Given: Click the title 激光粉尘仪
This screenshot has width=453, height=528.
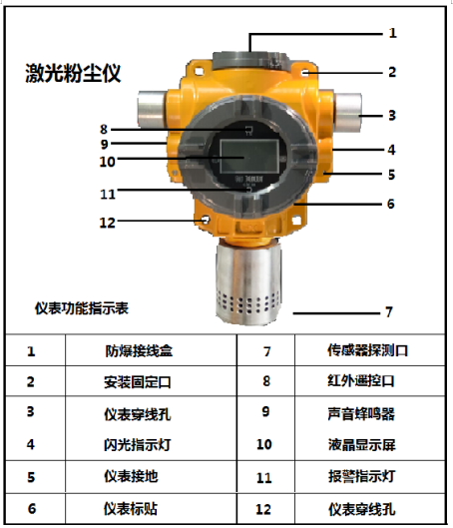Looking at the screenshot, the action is pyautogui.click(x=73, y=73).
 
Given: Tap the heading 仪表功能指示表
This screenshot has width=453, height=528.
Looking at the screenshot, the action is pyautogui.click(x=82, y=308).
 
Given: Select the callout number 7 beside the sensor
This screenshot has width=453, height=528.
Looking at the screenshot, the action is pyautogui.click(x=389, y=312).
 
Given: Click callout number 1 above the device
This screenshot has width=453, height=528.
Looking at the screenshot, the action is pyautogui.click(x=392, y=33).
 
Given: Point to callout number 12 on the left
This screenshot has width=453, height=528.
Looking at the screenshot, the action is pyautogui.click(x=108, y=223).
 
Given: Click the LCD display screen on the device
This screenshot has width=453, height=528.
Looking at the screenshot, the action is pyautogui.click(x=249, y=156).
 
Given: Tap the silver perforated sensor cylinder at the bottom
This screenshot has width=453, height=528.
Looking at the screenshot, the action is pyautogui.click(x=248, y=282).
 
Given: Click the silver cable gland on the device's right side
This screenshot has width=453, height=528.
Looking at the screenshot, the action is pyautogui.click(x=346, y=112).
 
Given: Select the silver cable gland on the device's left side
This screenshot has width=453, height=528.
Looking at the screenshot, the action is pyautogui.click(x=152, y=109).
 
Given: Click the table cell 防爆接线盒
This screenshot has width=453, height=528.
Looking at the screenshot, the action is pyautogui.click(x=139, y=351).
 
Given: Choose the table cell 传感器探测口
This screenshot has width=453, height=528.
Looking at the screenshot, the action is pyautogui.click(x=367, y=350).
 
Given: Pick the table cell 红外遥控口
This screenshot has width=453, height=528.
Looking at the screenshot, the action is pyautogui.click(x=361, y=380).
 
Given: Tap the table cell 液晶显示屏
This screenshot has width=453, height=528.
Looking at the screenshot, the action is pyautogui.click(x=362, y=444).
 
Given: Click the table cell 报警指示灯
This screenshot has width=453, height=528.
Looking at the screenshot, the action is pyautogui.click(x=361, y=476).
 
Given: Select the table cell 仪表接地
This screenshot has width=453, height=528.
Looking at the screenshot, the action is pyautogui.click(x=131, y=476).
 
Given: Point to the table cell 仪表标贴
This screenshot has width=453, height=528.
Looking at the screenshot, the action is pyautogui.click(x=131, y=508).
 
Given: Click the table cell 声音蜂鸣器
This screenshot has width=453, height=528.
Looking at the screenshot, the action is pyautogui.click(x=361, y=413).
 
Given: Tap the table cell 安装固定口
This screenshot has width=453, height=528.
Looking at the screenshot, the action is pyautogui.click(x=138, y=382).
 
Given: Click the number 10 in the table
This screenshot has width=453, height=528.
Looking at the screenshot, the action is pyautogui.click(x=264, y=444).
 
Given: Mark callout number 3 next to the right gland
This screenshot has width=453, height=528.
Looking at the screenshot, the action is pyautogui.click(x=392, y=116).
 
